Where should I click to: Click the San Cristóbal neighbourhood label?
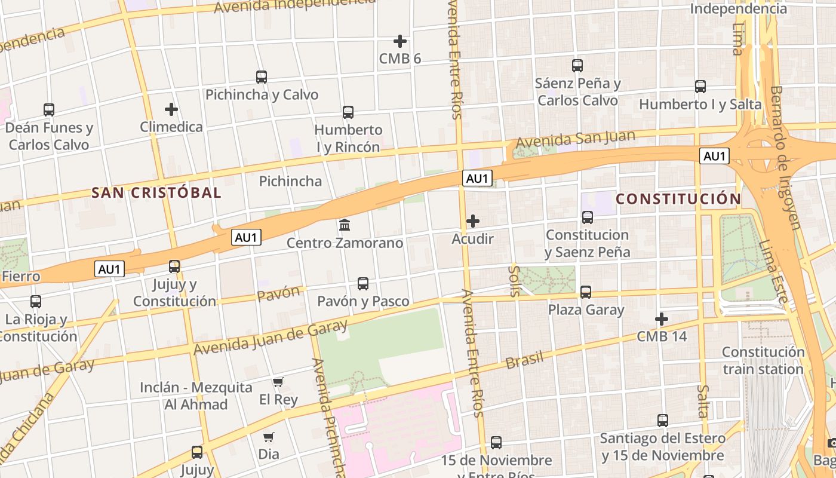coord(156,193)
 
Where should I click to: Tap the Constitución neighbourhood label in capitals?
coord(678,199)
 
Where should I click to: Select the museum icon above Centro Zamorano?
coord(345,225)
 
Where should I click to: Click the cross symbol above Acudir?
coord(473,221)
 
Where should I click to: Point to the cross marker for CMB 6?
coord(400,41)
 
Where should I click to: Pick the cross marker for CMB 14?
coord(662,318)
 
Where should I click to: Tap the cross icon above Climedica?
coord(171,109)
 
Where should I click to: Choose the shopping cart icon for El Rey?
coord(278,382)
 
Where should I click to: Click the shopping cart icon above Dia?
coord(269,437)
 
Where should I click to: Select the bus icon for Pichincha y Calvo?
coord(262,76)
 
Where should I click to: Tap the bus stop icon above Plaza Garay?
coord(586,292)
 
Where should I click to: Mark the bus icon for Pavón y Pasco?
coord(363,283)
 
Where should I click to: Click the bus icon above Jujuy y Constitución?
coord(174,266)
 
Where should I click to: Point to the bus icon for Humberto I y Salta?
coord(700,86)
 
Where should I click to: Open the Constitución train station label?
coord(763,360)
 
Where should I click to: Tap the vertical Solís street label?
coord(514,281)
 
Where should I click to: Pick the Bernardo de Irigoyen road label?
coord(784,157)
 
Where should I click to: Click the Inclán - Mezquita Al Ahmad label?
coord(196,396)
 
